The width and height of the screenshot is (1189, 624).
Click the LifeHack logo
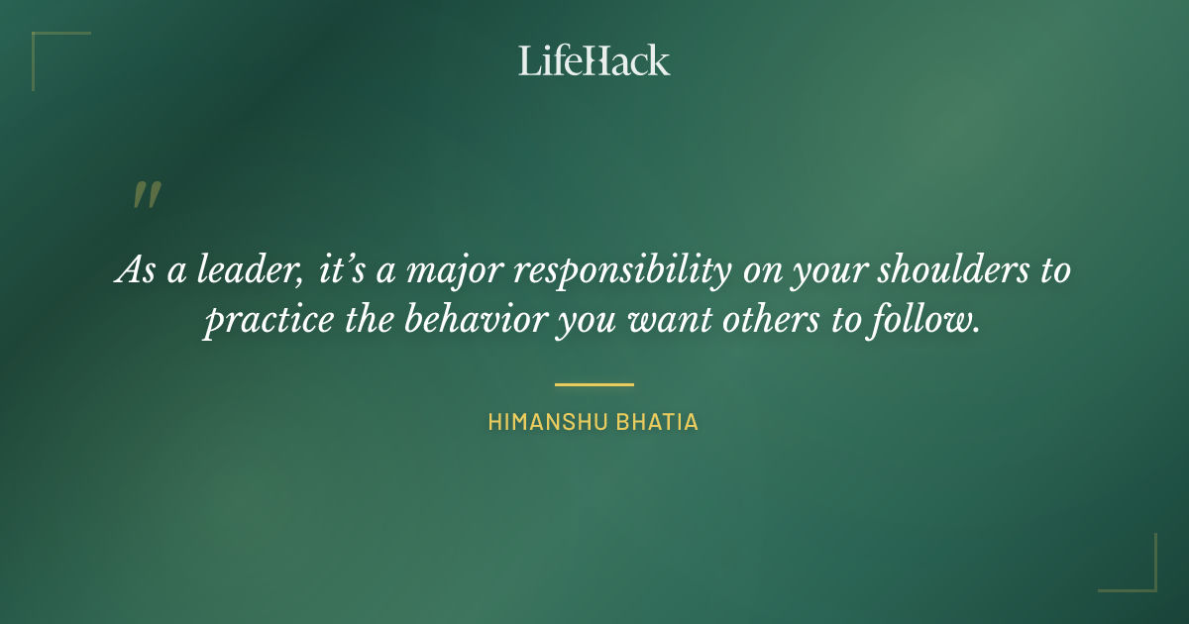click(x=594, y=60)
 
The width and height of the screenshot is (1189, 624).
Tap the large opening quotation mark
click(x=146, y=195)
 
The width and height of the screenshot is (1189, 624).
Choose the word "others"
click(x=770, y=322)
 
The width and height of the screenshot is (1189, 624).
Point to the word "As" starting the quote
click(x=134, y=270)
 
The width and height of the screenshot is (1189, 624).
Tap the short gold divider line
click(x=594, y=383)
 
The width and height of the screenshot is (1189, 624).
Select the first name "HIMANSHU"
click(x=543, y=422)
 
